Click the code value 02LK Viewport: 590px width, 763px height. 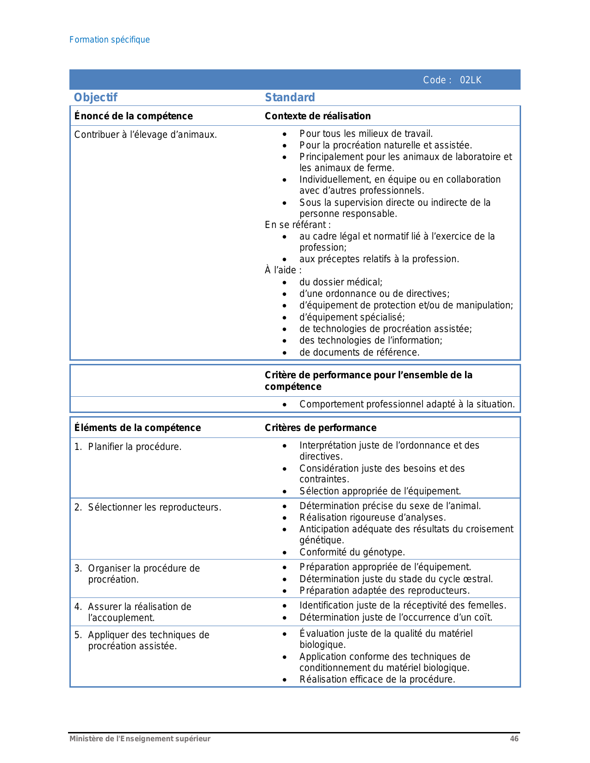coord(471,80)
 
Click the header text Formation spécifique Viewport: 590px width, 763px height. coord(110,40)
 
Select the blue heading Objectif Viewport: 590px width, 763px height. coord(96,98)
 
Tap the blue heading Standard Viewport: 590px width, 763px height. coord(290,98)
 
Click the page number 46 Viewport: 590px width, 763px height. coord(514,739)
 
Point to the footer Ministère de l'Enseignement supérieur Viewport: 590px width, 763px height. coord(140,739)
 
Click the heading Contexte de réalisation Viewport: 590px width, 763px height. coord(317,116)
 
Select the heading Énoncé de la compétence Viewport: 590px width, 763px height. coord(133,116)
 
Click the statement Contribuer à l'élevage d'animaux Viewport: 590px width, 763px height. coord(145,135)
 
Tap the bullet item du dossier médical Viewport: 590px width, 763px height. coord(341,282)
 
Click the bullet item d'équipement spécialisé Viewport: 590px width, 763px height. coord(352,317)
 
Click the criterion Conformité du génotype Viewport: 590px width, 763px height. coord(352,552)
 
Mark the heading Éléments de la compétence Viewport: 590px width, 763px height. coord(137,428)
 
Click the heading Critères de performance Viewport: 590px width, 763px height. coord(320,428)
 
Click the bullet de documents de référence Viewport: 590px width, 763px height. coord(359,352)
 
